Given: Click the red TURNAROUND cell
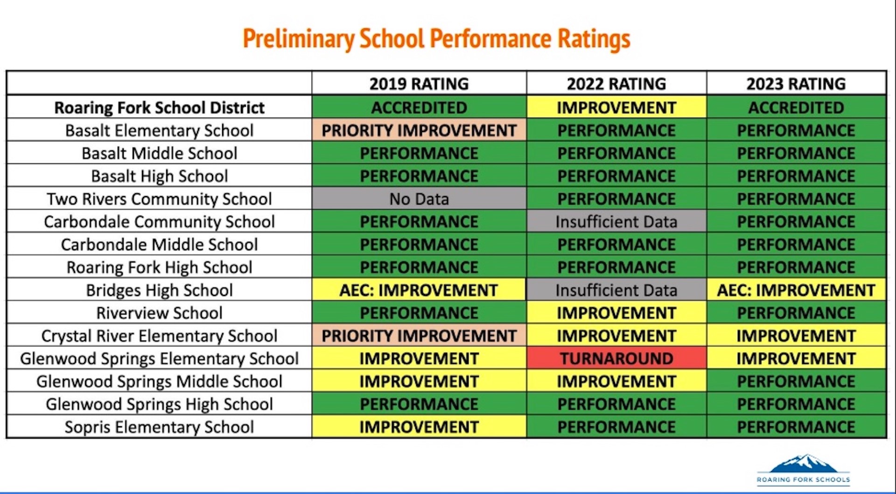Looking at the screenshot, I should [616, 359].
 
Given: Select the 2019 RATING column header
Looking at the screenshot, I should [419, 84].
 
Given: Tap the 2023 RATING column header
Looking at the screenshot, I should [796, 84].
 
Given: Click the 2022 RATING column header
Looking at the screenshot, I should [616, 84].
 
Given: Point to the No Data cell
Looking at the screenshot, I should [419, 199].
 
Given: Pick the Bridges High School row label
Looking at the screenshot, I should [159, 290].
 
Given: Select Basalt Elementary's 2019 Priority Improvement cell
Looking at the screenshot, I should [419, 130].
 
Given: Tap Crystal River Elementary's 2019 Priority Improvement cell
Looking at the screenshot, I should [419, 336].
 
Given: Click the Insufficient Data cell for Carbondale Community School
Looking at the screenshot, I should [616, 222].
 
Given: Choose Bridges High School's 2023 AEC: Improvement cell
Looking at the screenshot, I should [796, 290].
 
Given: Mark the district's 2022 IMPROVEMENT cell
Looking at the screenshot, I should [616, 108].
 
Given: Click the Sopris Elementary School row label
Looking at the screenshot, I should [159, 427].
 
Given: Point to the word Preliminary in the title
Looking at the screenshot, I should [298, 39].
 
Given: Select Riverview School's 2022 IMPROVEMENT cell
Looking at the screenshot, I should [616, 313].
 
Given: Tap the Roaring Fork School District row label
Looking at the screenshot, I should [159, 108].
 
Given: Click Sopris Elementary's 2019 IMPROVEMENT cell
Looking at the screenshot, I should [419, 427].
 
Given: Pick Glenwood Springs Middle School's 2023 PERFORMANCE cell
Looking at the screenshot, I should [796, 381].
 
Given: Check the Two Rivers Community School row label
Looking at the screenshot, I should [159, 199].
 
